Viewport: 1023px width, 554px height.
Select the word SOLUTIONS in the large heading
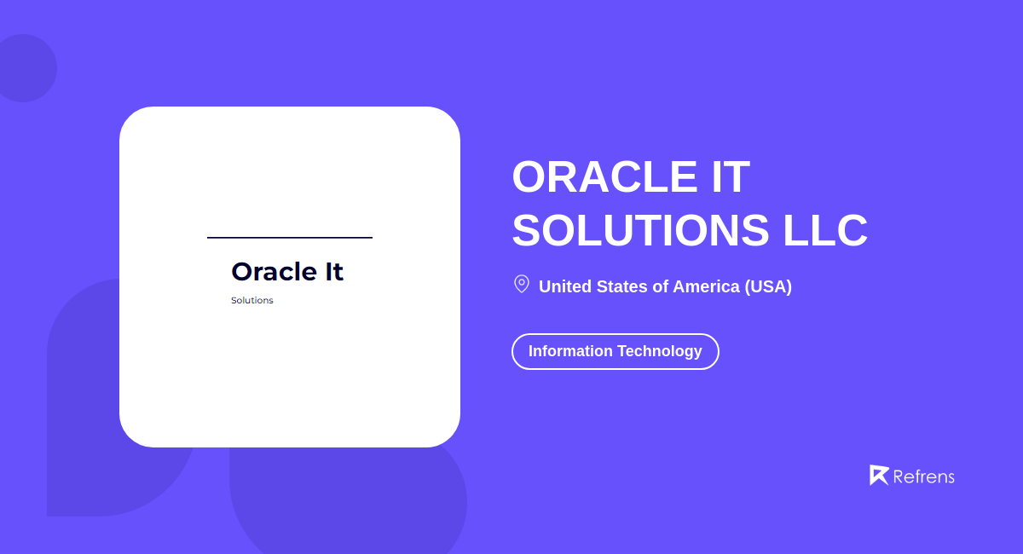pyautogui.click(x=640, y=230)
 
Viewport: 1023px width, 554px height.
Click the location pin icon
pyautogui.click(x=521, y=284)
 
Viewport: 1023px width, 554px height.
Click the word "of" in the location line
pyautogui.click(x=661, y=286)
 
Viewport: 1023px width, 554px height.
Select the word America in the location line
pyautogui.click(x=706, y=286)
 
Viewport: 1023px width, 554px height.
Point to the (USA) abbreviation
pyautogui.click(x=768, y=286)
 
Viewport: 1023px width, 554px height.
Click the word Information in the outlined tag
pyautogui.click(x=570, y=351)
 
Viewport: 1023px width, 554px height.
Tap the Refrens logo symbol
pyautogui.click(x=878, y=476)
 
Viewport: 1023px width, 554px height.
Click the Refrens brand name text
pyautogui.click(x=923, y=476)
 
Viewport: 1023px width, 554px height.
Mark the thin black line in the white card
pyautogui.click(x=290, y=238)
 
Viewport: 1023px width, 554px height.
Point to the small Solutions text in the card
pyautogui.click(x=252, y=301)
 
